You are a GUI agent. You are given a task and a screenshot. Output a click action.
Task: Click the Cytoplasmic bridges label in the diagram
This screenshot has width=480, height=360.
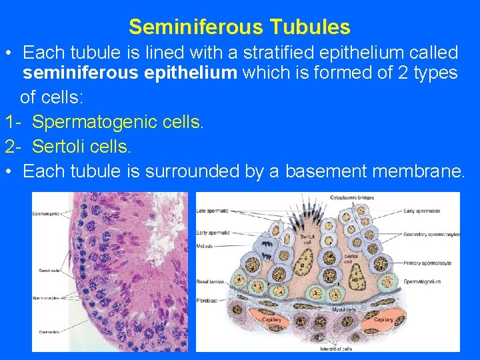click(353, 197)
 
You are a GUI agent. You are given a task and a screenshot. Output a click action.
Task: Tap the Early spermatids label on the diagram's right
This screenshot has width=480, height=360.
click(421, 211)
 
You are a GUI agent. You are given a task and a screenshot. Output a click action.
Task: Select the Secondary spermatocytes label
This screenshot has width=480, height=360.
click(431, 235)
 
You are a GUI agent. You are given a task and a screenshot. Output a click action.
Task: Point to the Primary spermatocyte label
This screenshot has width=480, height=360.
click(427, 263)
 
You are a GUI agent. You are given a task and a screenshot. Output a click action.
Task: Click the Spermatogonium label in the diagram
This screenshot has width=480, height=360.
click(421, 281)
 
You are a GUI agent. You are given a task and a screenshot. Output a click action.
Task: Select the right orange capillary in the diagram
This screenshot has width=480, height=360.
click(383, 319)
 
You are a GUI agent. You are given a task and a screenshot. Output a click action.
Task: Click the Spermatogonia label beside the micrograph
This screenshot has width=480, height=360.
click(45, 213)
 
